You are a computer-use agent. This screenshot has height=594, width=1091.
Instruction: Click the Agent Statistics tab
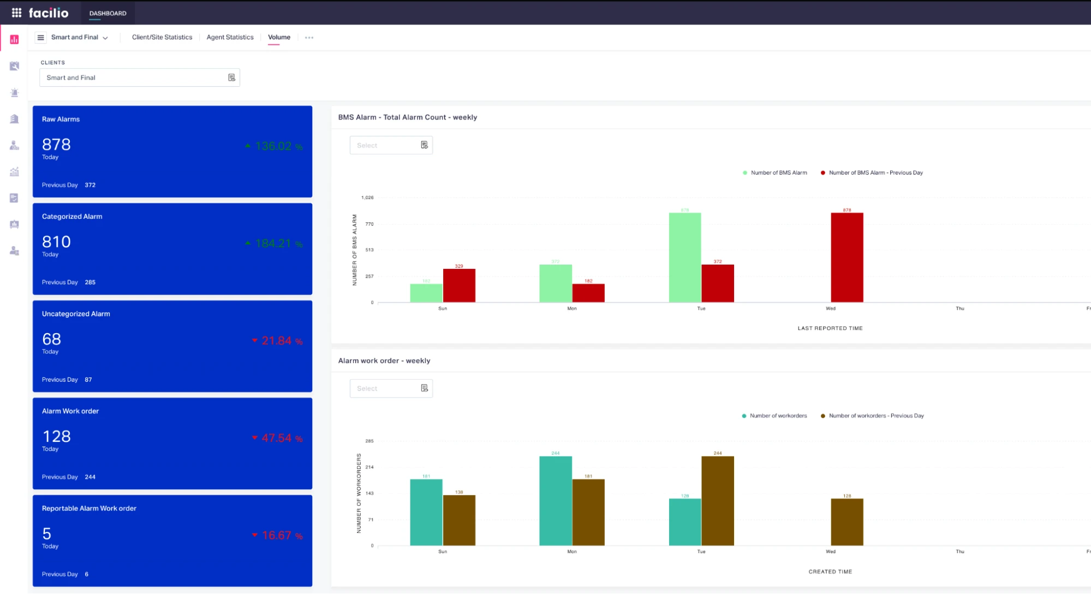230,37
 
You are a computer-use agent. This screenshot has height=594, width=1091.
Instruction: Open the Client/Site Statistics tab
162,37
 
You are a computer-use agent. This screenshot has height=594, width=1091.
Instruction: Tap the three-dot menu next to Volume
309,38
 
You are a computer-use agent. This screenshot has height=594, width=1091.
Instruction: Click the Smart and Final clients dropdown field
139,77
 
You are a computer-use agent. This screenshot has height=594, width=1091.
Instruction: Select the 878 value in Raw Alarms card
56,145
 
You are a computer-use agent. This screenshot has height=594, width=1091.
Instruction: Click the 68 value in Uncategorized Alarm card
51,339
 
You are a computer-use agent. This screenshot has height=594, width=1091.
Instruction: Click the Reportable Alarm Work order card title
89,508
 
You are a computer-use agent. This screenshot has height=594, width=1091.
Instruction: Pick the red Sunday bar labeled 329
459,285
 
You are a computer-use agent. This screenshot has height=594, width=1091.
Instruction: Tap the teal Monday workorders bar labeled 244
555,501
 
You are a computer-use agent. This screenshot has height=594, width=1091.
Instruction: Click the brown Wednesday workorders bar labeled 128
846,522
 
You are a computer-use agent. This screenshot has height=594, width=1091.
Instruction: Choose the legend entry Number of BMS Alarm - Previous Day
875,173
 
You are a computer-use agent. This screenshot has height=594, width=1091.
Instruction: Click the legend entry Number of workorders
778,416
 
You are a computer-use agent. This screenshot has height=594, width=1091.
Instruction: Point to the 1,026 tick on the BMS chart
367,197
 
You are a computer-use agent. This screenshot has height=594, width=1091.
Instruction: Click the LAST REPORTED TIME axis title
830,328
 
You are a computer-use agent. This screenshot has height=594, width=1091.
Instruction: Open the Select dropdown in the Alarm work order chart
391,388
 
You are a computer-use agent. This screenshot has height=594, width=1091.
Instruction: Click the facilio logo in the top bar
48,13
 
